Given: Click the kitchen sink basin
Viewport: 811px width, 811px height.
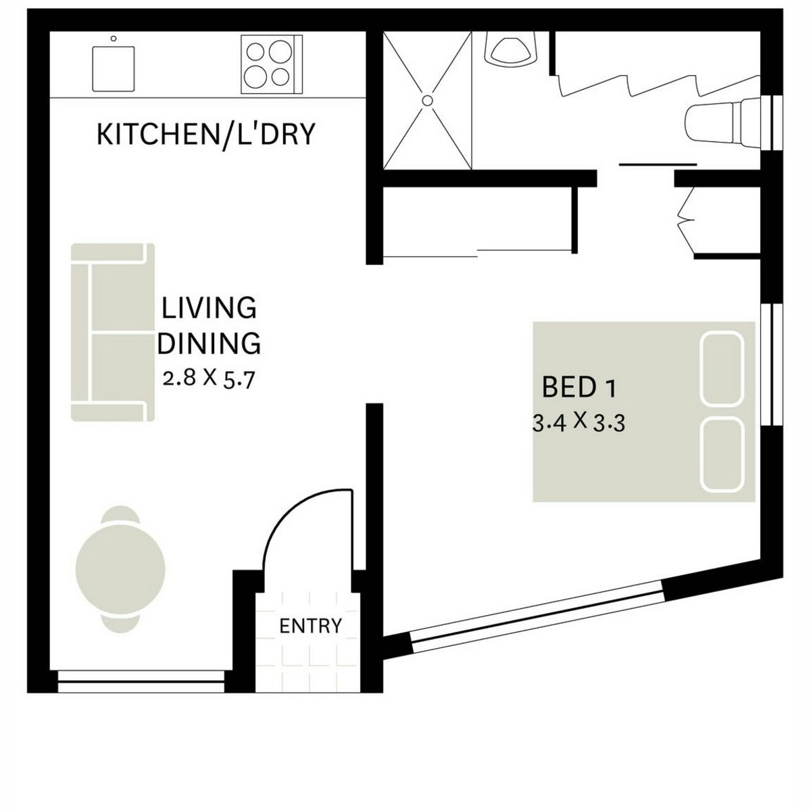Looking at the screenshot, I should pyautogui.click(x=114, y=68).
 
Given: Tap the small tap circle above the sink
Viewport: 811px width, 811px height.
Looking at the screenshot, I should pyautogui.click(x=114, y=39).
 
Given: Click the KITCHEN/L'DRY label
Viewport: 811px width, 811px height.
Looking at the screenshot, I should pyautogui.click(x=206, y=134).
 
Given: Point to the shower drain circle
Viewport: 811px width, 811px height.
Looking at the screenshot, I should pyautogui.click(x=427, y=99).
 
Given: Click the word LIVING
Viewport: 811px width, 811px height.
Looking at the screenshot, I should pyautogui.click(x=209, y=308).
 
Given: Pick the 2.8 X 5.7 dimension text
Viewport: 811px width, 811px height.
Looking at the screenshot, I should pyautogui.click(x=209, y=378).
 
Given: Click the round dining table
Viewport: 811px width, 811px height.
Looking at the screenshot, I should pyautogui.click(x=120, y=567).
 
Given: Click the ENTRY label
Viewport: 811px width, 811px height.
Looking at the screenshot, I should pyautogui.click(x=310, y=626).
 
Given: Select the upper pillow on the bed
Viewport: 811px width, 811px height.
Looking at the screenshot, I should pyautogui.click(x=722, y=368).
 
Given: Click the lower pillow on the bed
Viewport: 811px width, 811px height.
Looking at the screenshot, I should pyautogui.click(x=722, y=454).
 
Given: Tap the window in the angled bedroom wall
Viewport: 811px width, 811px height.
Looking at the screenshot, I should pyautogui.click(x=537, y=618).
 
